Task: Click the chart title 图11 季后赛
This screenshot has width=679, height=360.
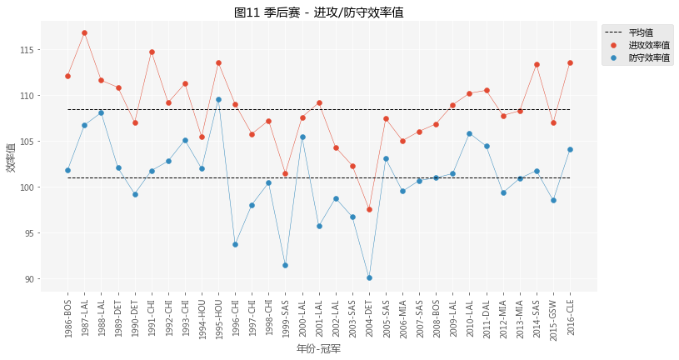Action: point(319,12)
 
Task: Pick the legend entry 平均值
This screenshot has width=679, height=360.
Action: point(641,32)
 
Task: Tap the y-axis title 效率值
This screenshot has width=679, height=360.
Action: point(11,157)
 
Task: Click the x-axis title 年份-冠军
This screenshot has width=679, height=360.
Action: point(319,348)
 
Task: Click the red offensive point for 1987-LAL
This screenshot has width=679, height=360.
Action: point(84,32)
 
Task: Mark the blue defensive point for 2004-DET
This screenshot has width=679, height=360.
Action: point(369,277)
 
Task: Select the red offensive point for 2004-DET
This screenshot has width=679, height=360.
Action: point(369,209)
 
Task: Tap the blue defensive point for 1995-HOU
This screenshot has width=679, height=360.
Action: point(218,99)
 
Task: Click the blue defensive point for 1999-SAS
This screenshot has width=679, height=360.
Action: point(285,265)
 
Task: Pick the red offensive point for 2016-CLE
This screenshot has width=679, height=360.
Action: point(570,62)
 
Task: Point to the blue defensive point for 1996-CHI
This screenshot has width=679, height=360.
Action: point(235,244)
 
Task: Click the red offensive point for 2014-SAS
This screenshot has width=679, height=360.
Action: point(537,64)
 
